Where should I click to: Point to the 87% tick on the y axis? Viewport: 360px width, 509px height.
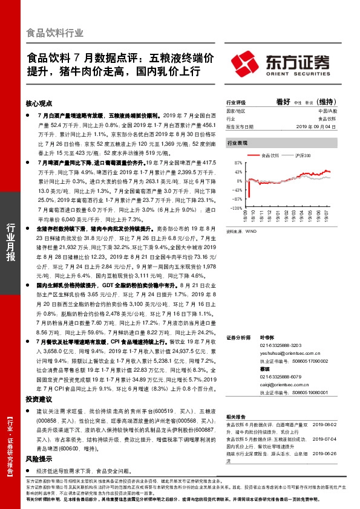tap(237, 163)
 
